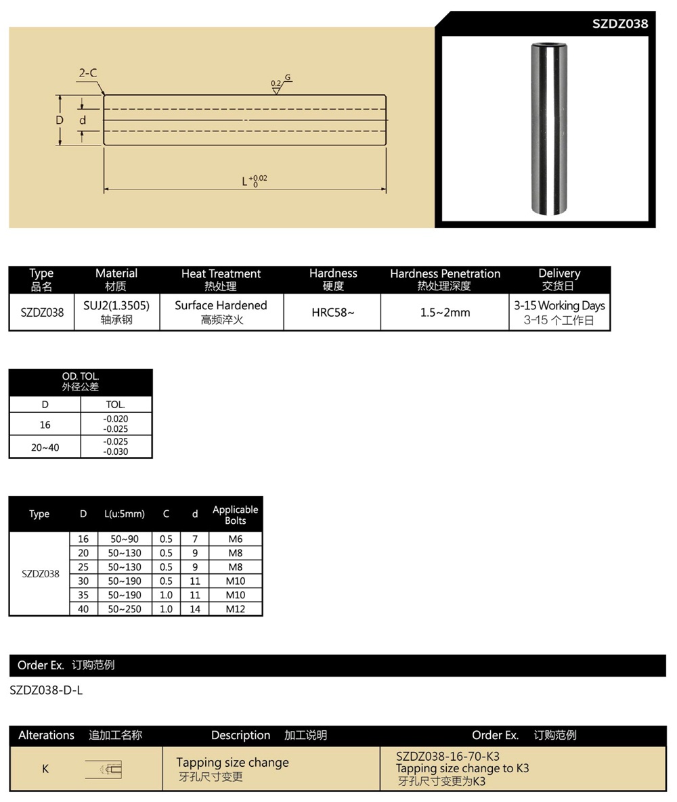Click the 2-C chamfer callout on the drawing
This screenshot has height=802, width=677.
(x=87, y=73)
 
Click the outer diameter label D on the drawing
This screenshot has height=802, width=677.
(x=60, y=120)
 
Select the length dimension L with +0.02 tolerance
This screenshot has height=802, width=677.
(x=254, y=181)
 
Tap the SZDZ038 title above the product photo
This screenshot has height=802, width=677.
(x=619, y=24)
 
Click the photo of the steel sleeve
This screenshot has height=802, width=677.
(x=546, y=129)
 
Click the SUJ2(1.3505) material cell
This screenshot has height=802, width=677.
(x=116, y=312)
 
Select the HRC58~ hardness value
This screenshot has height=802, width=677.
(x=332, y=313)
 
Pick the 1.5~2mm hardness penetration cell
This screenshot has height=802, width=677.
(x=444, y=313)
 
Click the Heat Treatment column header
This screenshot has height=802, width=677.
(x=221, y=280)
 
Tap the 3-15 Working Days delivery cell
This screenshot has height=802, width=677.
(x=559, y=312)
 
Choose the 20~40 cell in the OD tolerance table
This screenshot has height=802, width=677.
(x=45, y=447)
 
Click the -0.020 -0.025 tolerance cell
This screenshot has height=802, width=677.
(x=116, y=424)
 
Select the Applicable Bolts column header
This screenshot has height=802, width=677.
(x=235, y=514)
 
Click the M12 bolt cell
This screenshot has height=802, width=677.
(x=235, y=609)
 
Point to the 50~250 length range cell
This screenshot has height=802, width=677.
(x=125, y=609)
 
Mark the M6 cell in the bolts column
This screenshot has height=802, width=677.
(x=235, y=539)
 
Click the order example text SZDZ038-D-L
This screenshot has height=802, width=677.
(x=46, y=690)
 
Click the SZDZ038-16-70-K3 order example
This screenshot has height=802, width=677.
(x=447, y=756)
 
